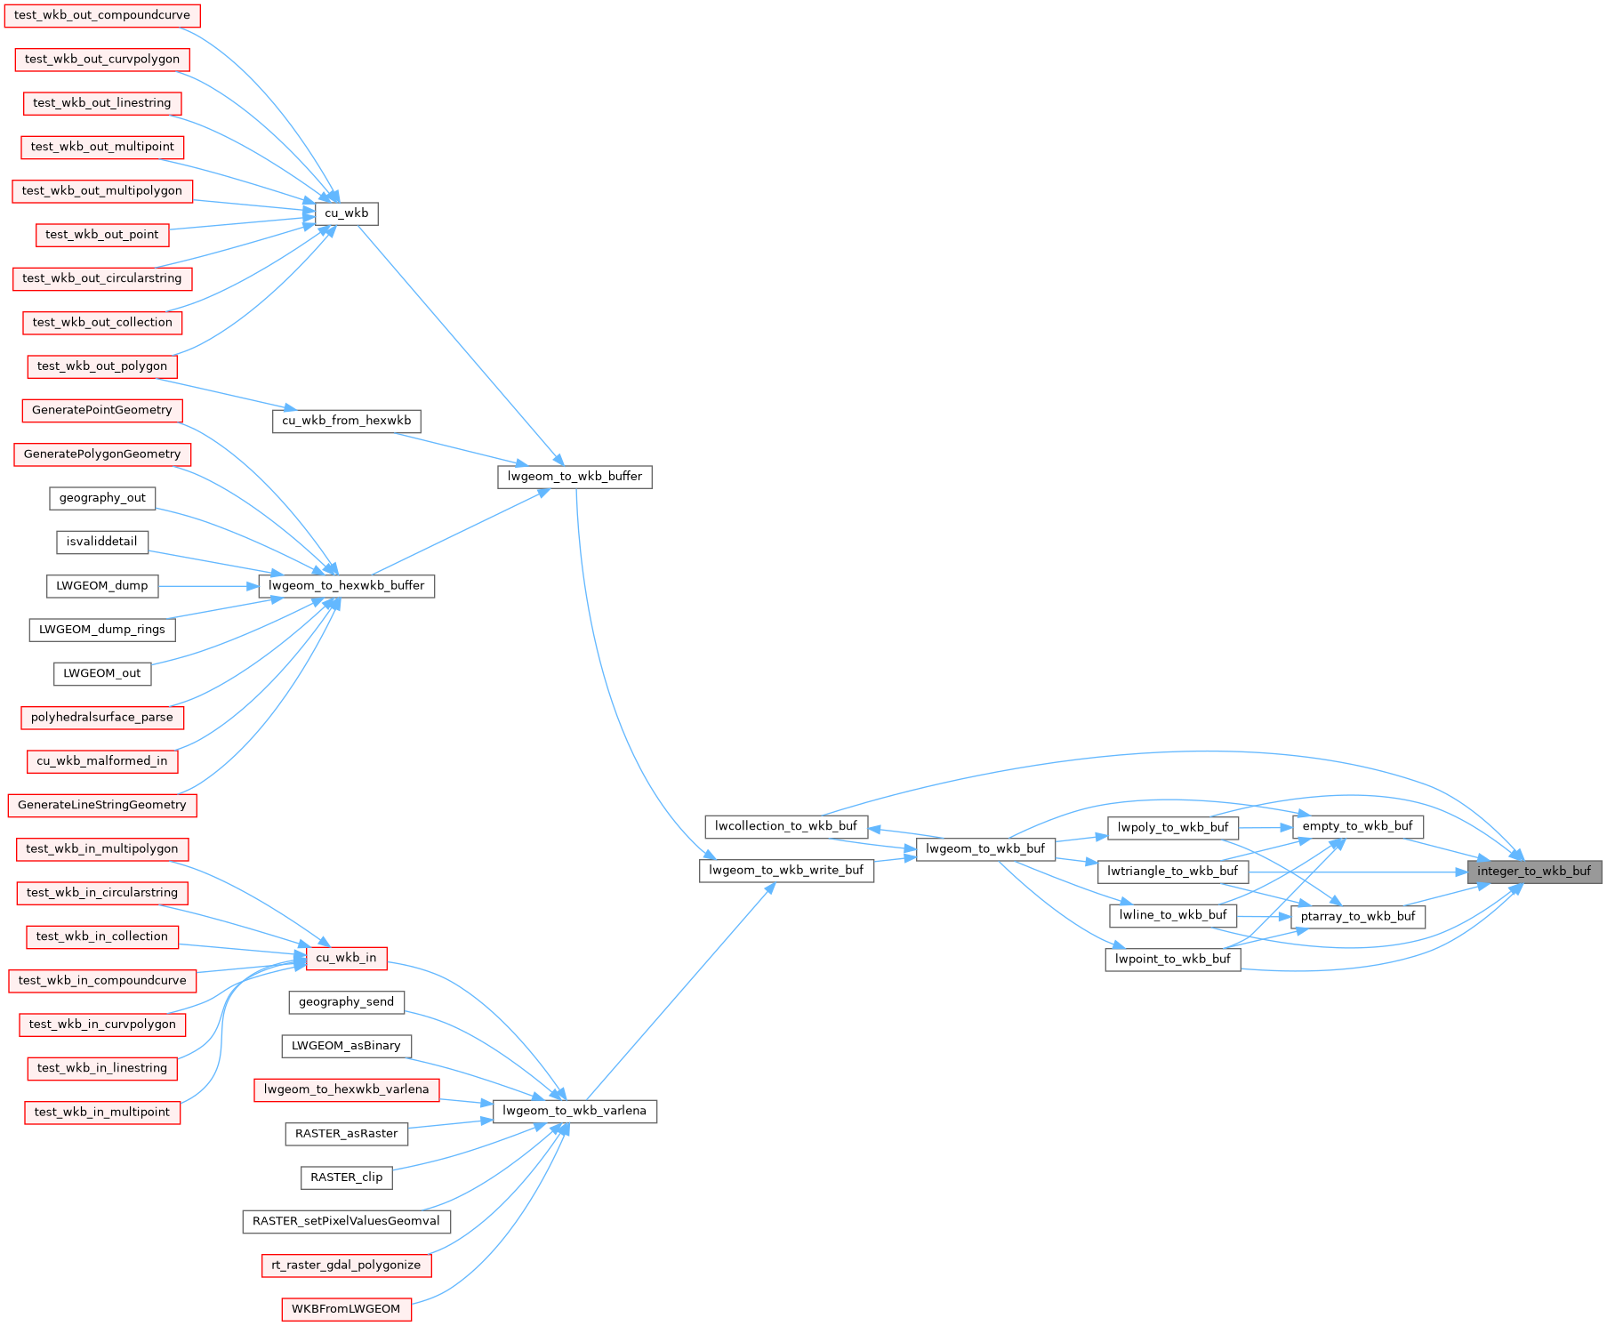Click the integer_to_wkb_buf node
(x=1534, y=872)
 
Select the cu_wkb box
(x=346, y=213)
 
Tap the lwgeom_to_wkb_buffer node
(x=575, y=477)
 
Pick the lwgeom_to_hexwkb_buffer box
(x=346, y=586)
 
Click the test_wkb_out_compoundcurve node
(x=101, y=15)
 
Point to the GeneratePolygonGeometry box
(x=101, y=454)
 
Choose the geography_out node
(x=102, y=498)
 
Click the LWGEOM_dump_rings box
(x=102, y=630)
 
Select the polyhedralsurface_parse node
(x=102, y=718)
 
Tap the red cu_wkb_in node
(x=346, y=958)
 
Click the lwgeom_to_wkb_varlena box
(x=575, y=1111)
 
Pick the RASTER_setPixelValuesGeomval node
(x=346, y=1221)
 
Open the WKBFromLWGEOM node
(x=346, y=1309)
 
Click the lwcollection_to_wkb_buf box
(x=786, y=826)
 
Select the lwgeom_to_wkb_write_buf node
(x=786, y=871)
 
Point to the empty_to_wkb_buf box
(x=1357, y=826)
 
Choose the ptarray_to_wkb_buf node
(x=1357, y=917)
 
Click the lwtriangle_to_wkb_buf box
(x=1172, y=872)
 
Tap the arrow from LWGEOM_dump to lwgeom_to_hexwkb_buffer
(x=208, y=586)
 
